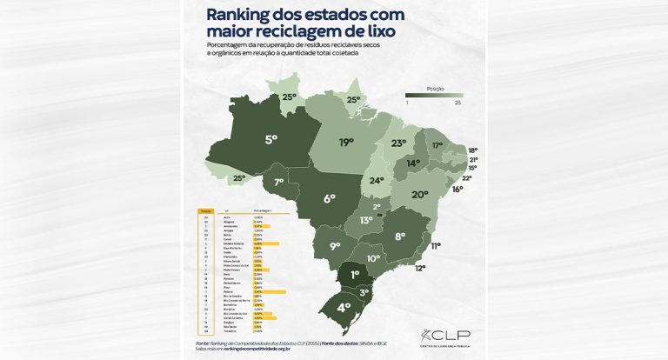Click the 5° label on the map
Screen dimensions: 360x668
[x=271, y=138]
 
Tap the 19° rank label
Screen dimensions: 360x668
[x=347, y=142]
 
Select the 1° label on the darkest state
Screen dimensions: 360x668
[x=355, y=275]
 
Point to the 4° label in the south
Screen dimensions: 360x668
[x=344, y=307]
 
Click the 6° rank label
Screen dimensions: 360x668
[x=330, y=198]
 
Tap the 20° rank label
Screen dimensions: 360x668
[x=420, y=195]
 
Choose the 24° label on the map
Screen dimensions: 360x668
[x=377, y=181]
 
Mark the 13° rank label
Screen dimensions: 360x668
[x=366, y=222]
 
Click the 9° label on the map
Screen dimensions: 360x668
[x=335, y=247]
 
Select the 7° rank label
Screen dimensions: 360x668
[x=279, y=183]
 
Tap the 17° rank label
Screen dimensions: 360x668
[x=438, y=145]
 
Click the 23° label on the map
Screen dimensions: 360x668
[x=399, y=143]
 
